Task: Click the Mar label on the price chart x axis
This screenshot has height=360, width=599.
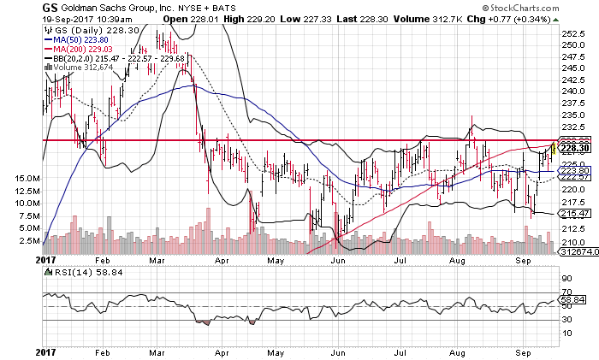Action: (156, 258)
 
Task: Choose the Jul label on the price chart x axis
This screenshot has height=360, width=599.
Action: (400, 258)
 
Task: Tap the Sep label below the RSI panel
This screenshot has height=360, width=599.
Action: (525, 351)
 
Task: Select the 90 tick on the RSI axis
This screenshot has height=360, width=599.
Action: (566, 279)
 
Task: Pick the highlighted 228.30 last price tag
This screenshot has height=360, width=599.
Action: (572, 146)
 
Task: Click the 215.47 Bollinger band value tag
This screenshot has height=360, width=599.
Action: (572, 213)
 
